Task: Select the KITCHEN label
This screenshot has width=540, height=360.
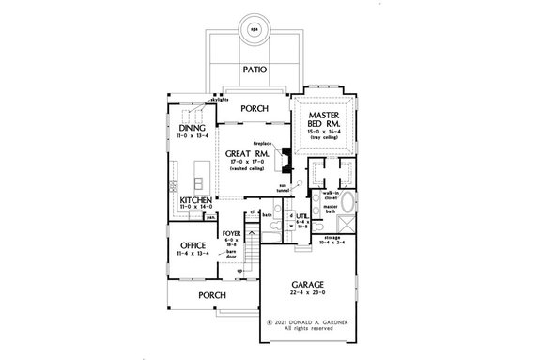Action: point(193,200)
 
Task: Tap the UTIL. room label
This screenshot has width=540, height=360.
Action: point(304,216)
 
